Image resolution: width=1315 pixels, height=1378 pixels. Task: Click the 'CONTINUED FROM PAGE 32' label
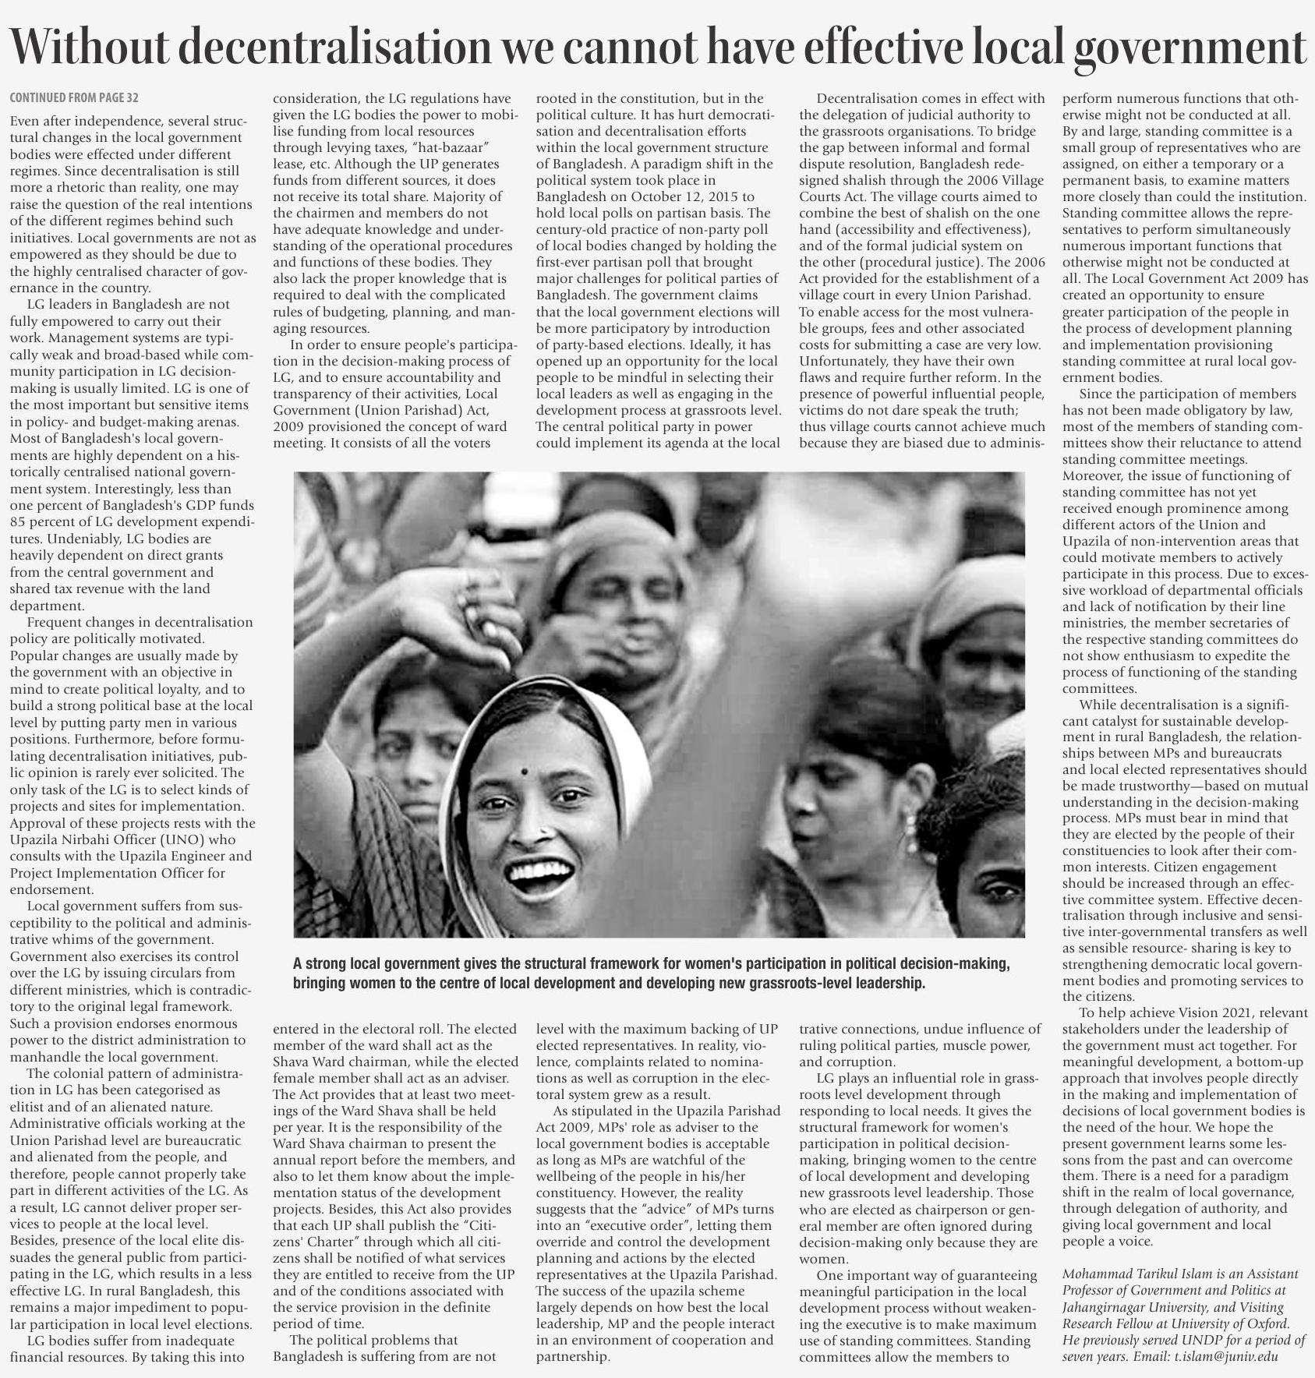pos(74,98)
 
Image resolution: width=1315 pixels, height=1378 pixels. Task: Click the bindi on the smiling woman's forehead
pos(524,772)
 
